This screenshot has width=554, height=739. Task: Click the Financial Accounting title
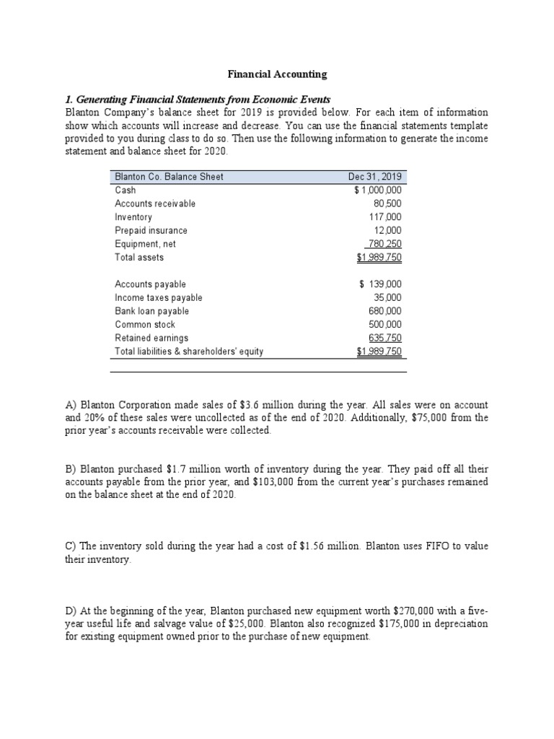pos(277,74)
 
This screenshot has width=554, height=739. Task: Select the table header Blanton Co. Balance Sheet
pos(169,177)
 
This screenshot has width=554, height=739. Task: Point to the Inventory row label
pos(133,217)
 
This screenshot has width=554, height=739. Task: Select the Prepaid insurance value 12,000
pos(390,230)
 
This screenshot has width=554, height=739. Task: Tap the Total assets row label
pos(139,257)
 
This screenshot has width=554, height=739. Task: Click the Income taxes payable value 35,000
pos(390,297)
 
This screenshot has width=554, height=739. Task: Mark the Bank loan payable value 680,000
pos(387,311)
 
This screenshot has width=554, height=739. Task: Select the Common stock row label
pos(145,325)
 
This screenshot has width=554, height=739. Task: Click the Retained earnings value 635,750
pos(387,338)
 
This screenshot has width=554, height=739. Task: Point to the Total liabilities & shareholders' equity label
pos(189,351)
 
